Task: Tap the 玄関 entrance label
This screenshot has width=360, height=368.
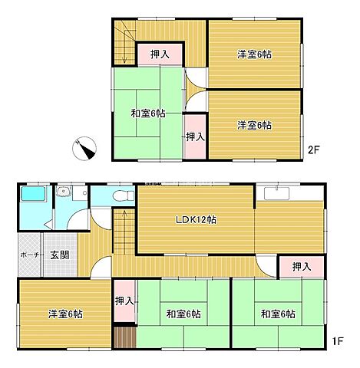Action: [x=59, y=255]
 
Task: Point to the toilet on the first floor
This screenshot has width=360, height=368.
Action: [x=119, y=197]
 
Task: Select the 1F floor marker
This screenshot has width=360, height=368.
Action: [x=336, y=340]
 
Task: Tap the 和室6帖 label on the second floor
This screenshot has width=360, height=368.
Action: [x=148, y=114]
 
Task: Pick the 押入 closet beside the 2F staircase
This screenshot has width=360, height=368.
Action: [x=160, y=54]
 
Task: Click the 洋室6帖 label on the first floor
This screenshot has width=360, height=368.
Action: [x=66, y=314]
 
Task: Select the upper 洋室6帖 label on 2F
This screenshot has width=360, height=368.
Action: [x=254, y=54]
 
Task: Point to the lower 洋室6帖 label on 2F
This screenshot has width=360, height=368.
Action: [x=254, y=125]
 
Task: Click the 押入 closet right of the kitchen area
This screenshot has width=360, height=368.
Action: [x=301, y=267]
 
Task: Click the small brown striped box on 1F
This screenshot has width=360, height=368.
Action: [x=124, y=338]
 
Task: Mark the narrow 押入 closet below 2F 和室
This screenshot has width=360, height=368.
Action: [x=195, y=136]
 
